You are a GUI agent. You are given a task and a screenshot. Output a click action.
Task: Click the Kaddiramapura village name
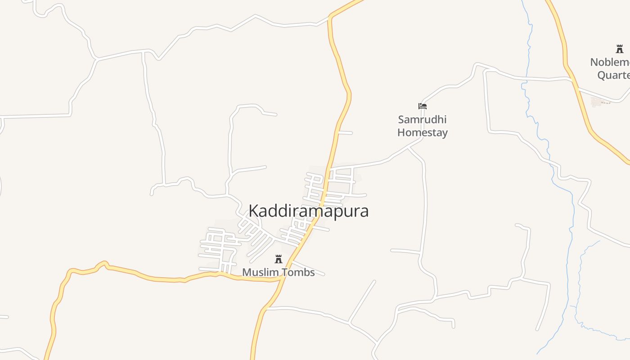pyautogui.click(x=309, y=211)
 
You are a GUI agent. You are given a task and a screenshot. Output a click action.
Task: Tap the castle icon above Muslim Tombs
pyautogui.click(x=279, y=259)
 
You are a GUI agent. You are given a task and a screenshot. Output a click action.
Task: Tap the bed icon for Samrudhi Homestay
pyautogui.click(x=422, y=107)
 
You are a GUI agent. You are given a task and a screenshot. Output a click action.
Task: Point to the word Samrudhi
pyautogui.click(x=422, y=120)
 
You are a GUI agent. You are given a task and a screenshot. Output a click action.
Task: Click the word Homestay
pyautogui.click(x=422, y=133)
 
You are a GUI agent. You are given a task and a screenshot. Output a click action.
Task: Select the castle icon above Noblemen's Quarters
pyautogui.click(x=620, y=49)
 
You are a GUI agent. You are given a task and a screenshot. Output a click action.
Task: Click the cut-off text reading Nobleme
pyautogui.click(x=610, y=62)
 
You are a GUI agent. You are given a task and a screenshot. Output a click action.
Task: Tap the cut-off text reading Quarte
pyautogui.click(x=613, y=75)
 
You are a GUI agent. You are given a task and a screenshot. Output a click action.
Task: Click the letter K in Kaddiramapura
pyautogui.click(x=253, y=211)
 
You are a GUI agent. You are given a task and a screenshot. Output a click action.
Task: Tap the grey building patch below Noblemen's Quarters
pyautogui.click(x=598, y=102)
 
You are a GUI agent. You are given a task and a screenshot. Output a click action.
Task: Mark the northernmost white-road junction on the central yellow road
pyautogui.click(x=330, y=18)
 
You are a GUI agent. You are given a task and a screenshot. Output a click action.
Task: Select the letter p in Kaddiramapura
pyautogui.click(x=336, y=212)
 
